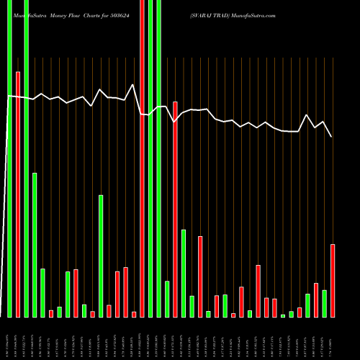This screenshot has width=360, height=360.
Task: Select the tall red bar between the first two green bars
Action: [18, 194]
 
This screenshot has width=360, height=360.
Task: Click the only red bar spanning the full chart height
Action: [143, 158]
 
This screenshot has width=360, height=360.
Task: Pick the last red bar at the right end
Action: [333, 281]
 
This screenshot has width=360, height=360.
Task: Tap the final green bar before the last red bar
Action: [325, 303]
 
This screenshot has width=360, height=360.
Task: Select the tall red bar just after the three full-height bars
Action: [175, 209]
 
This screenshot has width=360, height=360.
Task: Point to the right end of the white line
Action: [331, 137]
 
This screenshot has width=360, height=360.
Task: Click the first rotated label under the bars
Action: [9, 338]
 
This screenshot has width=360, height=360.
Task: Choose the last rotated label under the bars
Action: [333, 338]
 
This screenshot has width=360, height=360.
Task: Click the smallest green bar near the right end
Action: [283, 315]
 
